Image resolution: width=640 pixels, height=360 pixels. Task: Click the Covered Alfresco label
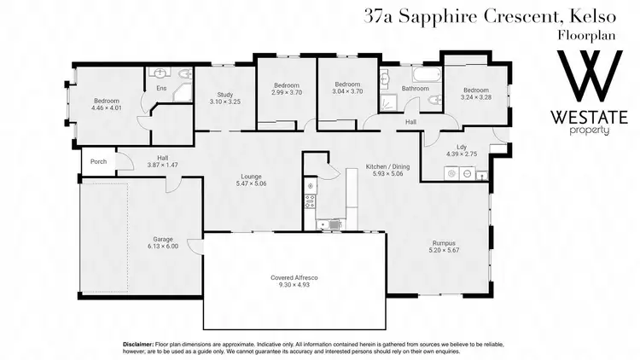coord(294,278)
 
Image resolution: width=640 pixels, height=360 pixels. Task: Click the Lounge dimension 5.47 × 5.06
coord(250,183)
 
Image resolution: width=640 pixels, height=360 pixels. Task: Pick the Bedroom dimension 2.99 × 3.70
coord(287,92)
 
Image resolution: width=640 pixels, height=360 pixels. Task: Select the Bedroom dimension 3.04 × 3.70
coord(346,92)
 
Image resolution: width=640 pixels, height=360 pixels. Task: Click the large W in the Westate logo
coord(588,79)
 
